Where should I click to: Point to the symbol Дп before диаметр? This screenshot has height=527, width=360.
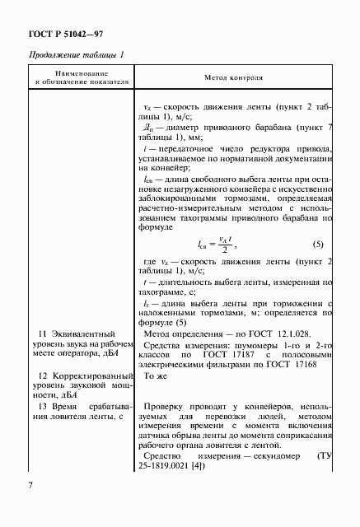coord(149,128)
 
